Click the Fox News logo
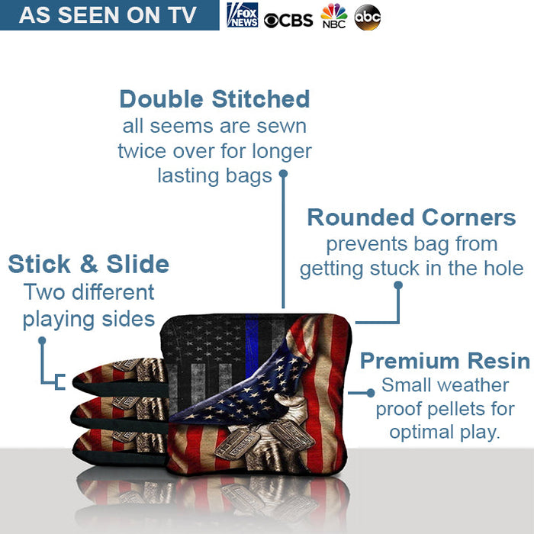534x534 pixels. (243, 15)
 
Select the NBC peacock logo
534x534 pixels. (333, 16)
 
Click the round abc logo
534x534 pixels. (367, 17)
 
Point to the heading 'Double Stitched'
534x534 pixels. (214, 99)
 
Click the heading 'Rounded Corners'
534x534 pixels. (411, 217)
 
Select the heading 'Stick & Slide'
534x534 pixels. (88, 264)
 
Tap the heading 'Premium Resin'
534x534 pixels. (445, 361)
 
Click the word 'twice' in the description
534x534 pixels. (142, 151)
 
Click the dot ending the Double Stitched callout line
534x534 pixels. (283, 173)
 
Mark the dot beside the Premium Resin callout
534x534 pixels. (371, 393)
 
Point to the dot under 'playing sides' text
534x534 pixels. (42, 340)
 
